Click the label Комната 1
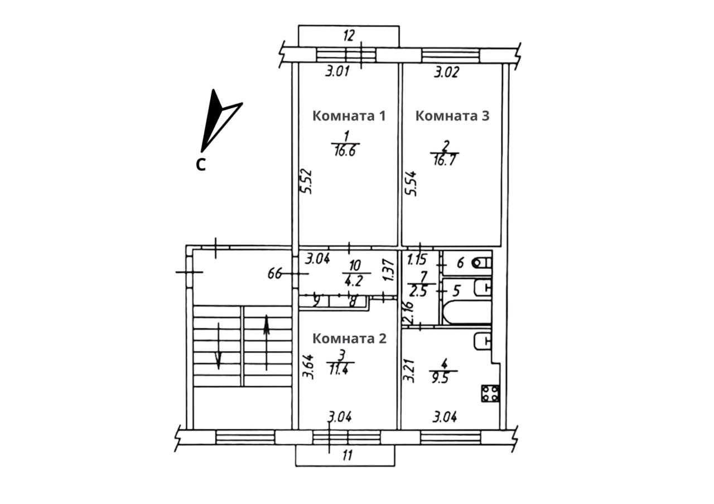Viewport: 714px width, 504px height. (349, 116)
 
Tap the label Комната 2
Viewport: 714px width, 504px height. (349, 338)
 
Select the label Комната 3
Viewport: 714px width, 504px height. (452, 116)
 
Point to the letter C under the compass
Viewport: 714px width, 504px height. (200, 164)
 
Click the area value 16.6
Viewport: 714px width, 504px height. (345, 151)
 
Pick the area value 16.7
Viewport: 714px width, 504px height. (445, 159)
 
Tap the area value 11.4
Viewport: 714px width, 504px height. (339, 370)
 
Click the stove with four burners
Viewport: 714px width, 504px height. (490, 394)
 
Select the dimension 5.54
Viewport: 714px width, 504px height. (411, 184)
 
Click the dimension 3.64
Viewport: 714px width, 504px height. (309, 367)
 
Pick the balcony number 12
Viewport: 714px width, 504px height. (349, 35)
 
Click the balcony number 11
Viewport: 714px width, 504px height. (348, 455)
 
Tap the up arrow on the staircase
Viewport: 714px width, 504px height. (267, 342)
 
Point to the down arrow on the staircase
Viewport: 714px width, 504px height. (219, 346)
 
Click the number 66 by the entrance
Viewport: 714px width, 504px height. (275, 273)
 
